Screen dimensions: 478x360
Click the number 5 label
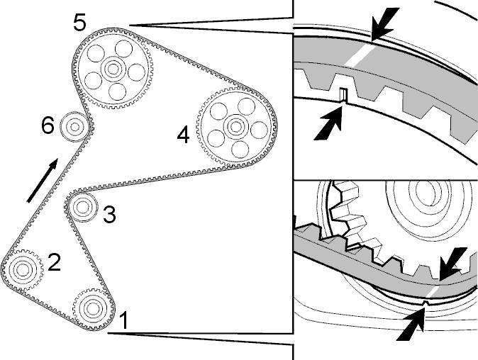point(79,23)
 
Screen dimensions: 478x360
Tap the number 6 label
point(48,125)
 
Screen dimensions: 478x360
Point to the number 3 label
point(109,214)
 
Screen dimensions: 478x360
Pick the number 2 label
point(55,262)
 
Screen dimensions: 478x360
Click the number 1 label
point(123,320)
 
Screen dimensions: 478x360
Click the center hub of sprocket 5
point(113,69)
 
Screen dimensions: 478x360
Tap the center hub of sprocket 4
point(235,126)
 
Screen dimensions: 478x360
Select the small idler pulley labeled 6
point(74,126)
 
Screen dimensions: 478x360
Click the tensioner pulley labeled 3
point(82,207)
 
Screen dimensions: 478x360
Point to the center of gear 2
point(22,269)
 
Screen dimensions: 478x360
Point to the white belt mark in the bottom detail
point(433,292)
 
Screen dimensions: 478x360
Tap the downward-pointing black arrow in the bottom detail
point(453,263)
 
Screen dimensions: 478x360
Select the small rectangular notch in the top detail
point(343,94)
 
